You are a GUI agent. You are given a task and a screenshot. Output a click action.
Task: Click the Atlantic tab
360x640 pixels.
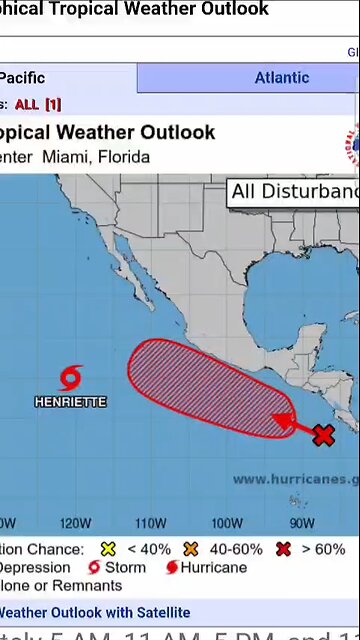click(x=281, y=78)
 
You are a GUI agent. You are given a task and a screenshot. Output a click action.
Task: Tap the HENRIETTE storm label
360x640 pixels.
click(x=70, y=402)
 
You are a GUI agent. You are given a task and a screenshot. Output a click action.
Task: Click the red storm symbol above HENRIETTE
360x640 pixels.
click(x=70, y=378)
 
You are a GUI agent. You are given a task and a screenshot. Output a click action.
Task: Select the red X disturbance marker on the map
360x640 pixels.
click(x=323, y=435)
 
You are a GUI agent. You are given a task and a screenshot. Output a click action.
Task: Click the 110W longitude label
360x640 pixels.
click(x=150, y=523)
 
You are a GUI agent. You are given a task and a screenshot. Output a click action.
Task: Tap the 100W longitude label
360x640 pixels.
click(x=226, y=523)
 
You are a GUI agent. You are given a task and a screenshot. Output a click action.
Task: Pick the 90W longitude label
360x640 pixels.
click(x=301, y=523)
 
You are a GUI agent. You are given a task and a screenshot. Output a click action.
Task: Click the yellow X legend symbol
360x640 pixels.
click(x=108, y=549)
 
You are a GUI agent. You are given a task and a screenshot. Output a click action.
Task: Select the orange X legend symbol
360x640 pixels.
click(x=192, y=549)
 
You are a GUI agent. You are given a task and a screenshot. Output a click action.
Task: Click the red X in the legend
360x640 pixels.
click(x=284, y=549)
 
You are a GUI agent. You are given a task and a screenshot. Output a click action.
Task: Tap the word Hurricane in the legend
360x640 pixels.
click(x=213, y=567)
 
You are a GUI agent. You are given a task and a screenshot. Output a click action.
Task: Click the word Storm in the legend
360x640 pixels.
click(x=125, y=567)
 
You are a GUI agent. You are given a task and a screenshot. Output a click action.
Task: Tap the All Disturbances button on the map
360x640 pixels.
click(x=294, y=192)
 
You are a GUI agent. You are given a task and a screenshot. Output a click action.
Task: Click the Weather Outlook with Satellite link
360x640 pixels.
click(x=94, y=612)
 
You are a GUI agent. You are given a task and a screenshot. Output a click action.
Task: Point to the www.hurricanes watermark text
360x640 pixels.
click(x=295, y=479)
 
